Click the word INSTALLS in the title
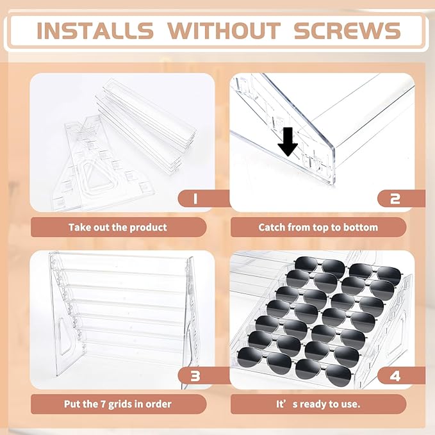pyautogui.click(x=95, y=30)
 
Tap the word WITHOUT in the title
pyautogui.click(x=224, y=30)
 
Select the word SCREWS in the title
pyautogui.click(x=347, y=30)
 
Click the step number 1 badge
pyautogui.click(x=204, y=199)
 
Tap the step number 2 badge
pyautogui.click(x=401, y=199)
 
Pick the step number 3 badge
pyautogui.click(x=204, y=375)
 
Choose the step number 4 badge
pyautogui.click(x=401, y=375)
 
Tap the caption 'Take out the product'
pyautogui.click(x=118, y=227)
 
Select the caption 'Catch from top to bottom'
pyautogui.click(x=318, y=227)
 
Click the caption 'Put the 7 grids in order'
pyautogui.click(x=118, y=404)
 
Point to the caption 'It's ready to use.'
pyautogui.click(x=318, y=404)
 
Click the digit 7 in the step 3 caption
pyautogui.click(x=103, y=404)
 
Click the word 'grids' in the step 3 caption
pyautogui.click(x=120, y=404)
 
